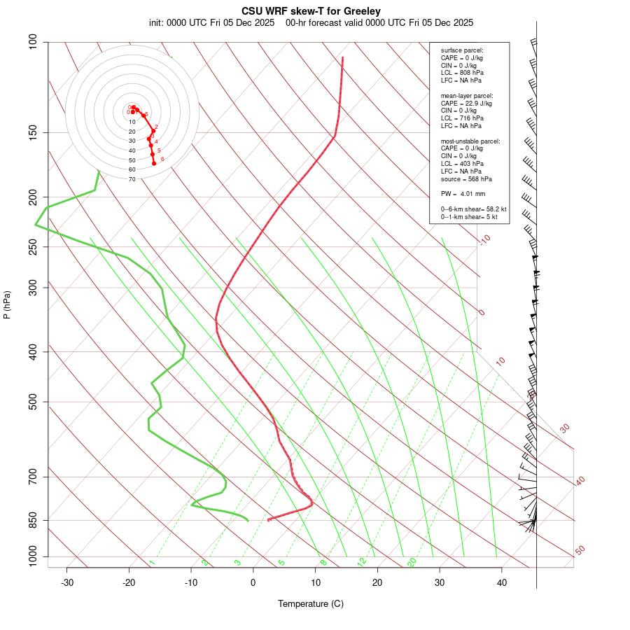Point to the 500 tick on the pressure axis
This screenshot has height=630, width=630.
[x=34, y=402]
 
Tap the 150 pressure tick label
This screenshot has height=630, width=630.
[x=34, y=132]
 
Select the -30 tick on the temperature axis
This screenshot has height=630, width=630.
[x=67, y=582]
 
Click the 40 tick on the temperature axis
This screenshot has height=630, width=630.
[x=501, y=582]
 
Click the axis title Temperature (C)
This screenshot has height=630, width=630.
[x=310, y=603]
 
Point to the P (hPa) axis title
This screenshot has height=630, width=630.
[x=7, y=304]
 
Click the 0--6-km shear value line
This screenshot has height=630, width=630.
[x=473, y=209]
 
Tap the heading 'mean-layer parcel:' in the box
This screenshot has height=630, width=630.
[x=467, y=95]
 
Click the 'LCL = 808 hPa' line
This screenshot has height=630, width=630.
[x=462, y=73]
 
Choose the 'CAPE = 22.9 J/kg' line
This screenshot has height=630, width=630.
[x=466, y=103]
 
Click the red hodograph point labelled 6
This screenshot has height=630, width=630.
[x=154, y=163]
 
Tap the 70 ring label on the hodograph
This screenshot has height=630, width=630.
[x=132, y=179]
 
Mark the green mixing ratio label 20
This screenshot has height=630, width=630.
[x=412, y=561]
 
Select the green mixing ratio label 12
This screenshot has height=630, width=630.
[x=362, y=561]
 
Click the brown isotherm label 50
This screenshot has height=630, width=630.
[x=580, y=551]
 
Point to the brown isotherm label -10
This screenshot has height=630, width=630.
[x=484, y=239]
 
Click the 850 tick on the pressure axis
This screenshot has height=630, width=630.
[x=34, y=520]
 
